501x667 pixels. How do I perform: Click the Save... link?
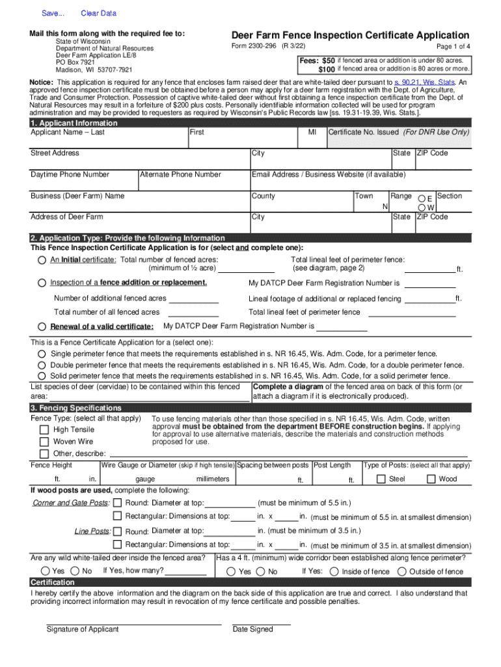[x=53, y=14]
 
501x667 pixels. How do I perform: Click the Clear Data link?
[x=98, y=14]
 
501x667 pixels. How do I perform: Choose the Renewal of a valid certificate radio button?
[x=42, y=326]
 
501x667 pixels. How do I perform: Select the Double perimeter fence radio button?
[x=42, y=365]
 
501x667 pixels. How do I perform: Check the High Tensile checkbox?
[x=44, y=430]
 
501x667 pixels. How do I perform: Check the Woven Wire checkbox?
[x=44, y=442]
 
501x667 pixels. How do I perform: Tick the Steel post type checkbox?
[x=381, y=479]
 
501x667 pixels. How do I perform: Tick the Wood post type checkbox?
[x=431, y=479]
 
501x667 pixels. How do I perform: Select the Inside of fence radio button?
[x=334, y=572]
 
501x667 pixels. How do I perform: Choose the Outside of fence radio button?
[x=401, y=572]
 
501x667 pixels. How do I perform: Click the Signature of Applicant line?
[x=133, y=624]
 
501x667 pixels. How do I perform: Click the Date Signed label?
[x=252, y=630]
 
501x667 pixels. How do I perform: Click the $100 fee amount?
[x=326, y=70]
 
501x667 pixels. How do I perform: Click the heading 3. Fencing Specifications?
[x=67, y=408]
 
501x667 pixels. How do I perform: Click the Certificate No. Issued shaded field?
[x=398, y=138]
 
